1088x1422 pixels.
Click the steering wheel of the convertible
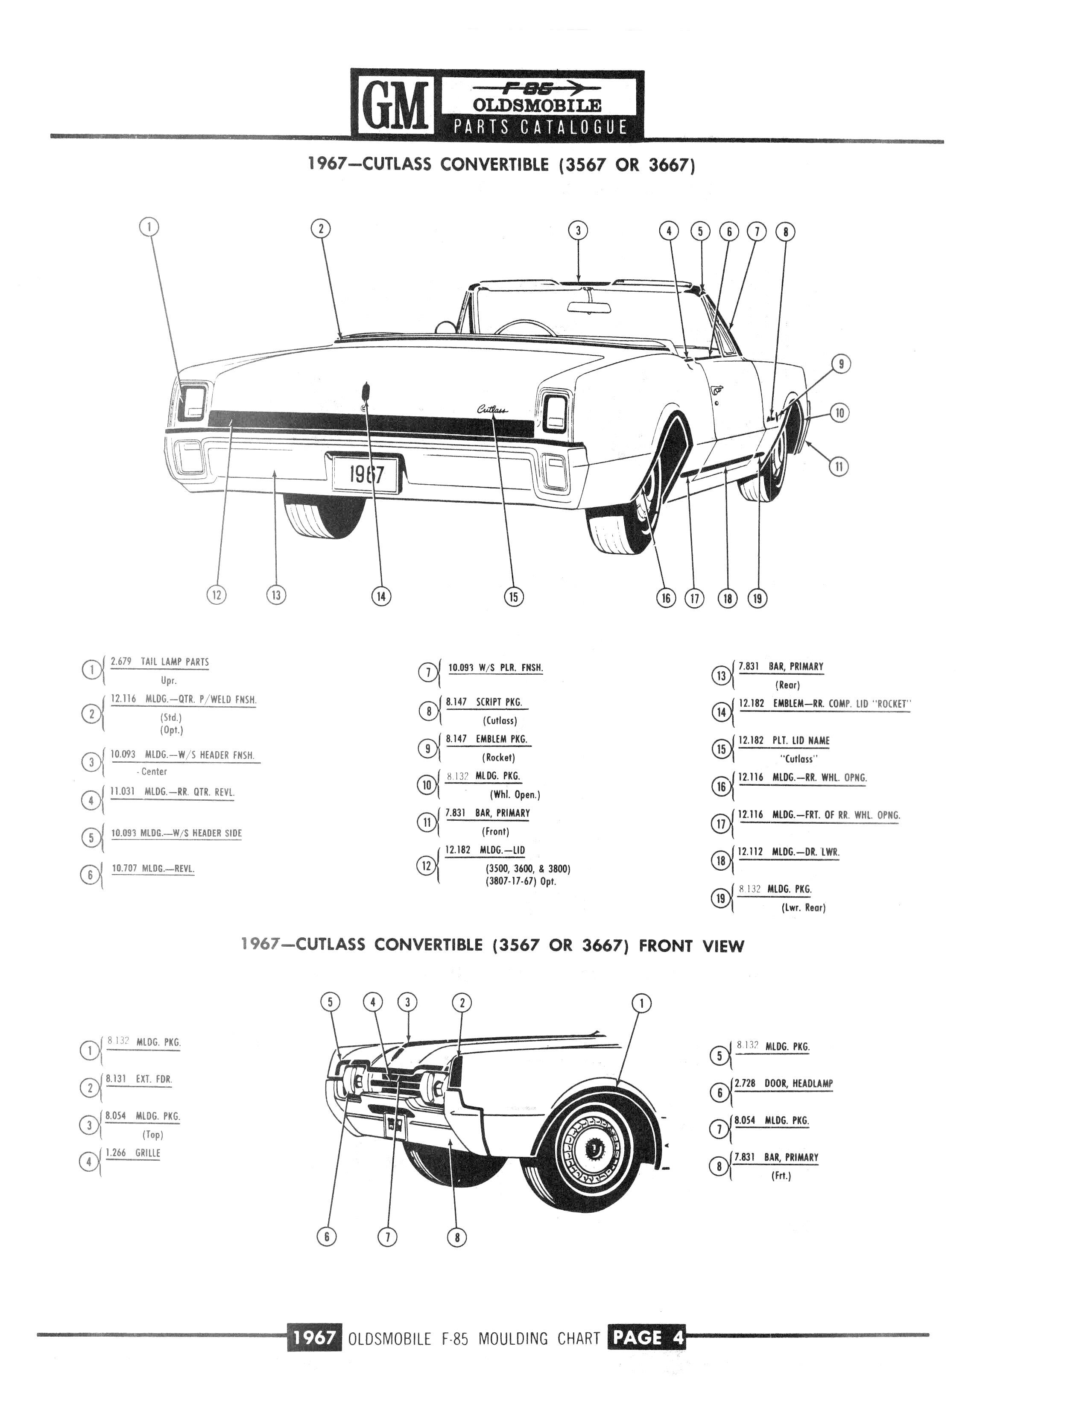pos(524,327)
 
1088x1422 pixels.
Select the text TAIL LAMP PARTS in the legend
pos(175,662)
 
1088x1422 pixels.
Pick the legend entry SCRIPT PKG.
pos(499,702)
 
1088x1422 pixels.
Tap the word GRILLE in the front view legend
pos(148,1153)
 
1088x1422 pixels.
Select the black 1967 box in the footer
pos(313,1337)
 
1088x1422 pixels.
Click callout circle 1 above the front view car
pos(641,1004)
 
